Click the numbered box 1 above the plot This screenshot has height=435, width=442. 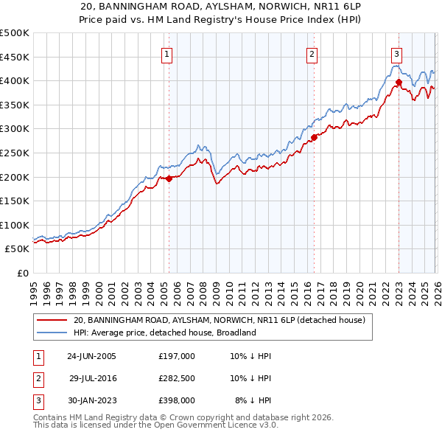pos(167,54)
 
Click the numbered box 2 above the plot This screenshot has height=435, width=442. pos(312,54)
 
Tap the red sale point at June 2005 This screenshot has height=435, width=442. pos(169,178)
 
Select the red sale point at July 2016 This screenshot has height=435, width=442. pos(314,136)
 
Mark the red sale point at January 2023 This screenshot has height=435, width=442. pos(399,81)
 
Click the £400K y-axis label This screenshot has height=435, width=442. pos(15,80)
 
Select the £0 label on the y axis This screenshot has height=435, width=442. pos(22,273)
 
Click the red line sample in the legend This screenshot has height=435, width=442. pos(52,320)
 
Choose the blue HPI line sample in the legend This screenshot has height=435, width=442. pos(52,333)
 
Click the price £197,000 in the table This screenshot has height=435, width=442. pos(177,356)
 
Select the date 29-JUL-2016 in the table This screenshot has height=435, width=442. pos(93,378)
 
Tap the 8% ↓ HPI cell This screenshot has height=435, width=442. pos(253,400)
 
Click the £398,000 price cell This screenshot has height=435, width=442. pos(177,400)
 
